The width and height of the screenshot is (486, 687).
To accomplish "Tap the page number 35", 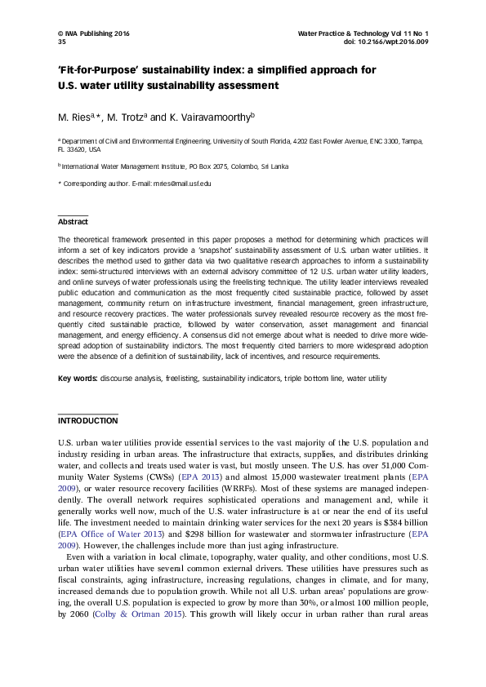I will click(61, 41).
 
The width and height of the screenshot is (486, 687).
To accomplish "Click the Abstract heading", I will click(73, 222).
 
